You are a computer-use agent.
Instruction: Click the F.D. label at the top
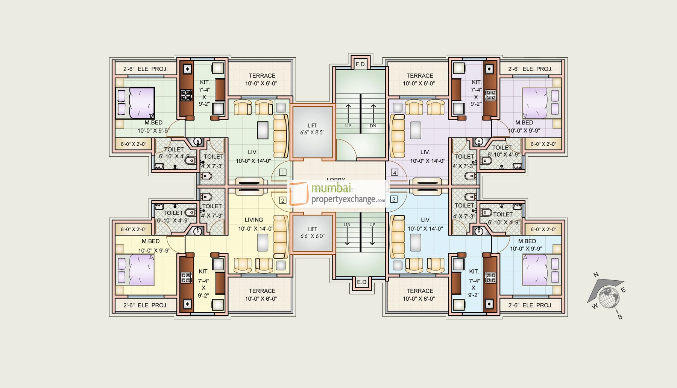point(360,64)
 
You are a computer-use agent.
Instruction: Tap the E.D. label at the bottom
point(362,282)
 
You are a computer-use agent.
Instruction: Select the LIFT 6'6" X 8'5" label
point(312,129)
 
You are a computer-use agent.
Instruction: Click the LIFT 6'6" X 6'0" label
point(312,233)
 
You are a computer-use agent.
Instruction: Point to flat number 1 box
point(282,173)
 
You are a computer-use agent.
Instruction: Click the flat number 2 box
point(282,200)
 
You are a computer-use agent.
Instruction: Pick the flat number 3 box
point(394,199)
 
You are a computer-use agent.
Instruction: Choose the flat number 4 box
point(394,173)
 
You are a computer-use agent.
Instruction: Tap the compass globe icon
point(609,297)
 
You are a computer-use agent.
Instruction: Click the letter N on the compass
point(596,275)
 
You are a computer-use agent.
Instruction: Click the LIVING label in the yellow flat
point(254,220)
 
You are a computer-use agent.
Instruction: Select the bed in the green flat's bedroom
point(135,103)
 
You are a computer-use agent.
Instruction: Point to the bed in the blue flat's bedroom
point(541,269)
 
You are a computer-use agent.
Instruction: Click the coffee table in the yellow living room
point(263,242)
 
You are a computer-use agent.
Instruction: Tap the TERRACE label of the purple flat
point(420,76)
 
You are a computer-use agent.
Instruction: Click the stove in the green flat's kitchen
point(187,95)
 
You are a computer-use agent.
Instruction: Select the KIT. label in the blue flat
point(474,272)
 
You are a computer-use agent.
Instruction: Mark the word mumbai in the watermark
point(331,188)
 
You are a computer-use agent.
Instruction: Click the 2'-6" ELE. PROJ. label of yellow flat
point(145,305)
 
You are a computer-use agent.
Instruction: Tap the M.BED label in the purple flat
point(524,123)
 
